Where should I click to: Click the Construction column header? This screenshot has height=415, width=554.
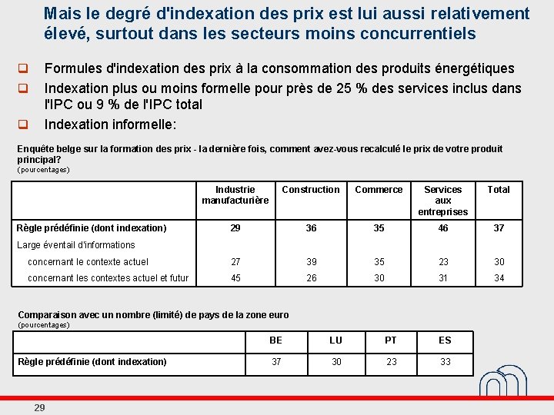311,190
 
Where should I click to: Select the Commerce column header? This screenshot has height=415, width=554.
379,190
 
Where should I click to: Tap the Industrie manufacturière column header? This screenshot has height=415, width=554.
235,195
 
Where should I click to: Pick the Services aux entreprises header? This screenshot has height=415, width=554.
443,201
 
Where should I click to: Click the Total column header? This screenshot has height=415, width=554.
499,190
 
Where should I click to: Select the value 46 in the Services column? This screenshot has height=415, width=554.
443,228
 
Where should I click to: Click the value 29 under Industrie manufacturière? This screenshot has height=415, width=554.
235,228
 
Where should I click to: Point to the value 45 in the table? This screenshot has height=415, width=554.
235,278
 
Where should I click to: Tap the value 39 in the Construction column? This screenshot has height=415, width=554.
311,262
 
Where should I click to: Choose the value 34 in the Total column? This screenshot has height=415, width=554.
499,278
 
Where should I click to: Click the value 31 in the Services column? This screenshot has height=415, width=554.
443,278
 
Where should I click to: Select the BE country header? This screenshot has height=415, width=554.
276,340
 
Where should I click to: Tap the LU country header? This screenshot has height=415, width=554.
336,340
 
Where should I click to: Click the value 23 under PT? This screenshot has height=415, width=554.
392,362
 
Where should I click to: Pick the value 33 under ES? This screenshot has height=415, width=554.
446,362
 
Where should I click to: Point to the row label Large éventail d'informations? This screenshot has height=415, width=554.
75,245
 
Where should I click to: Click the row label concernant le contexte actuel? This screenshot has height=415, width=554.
88,262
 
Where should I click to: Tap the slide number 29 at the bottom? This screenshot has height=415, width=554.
39,407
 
